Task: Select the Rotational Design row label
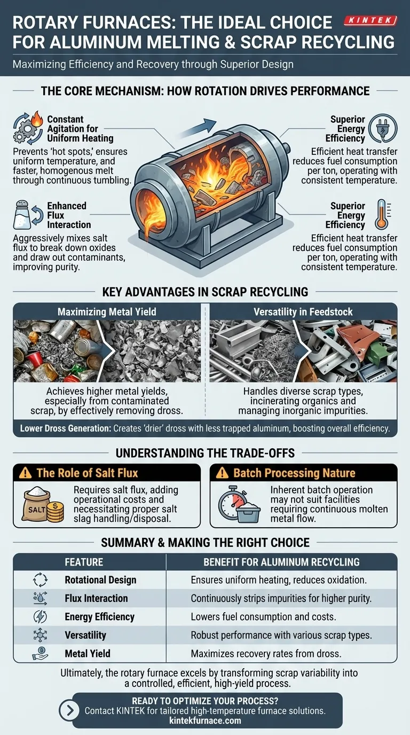coord(100,580)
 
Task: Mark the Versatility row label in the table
coord(85,635)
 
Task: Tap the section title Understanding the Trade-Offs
coord(205,453)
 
